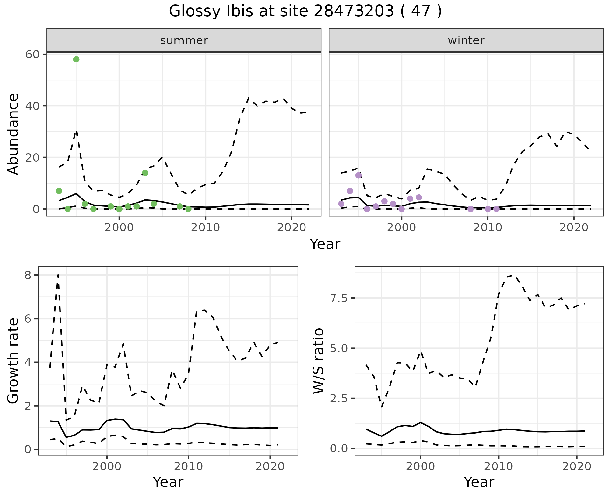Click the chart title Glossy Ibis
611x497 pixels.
coord(305,11)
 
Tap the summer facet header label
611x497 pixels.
coord(184,40)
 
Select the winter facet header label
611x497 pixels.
coord(466,40)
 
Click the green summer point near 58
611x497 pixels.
coord(76,59)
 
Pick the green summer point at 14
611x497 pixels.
coord(145,173)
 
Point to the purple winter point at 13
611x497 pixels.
coord(358,175)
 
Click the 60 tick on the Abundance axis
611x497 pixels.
coord(32,54)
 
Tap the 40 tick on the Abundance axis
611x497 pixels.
coord(32,106)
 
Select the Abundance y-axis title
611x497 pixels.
coord(13,134)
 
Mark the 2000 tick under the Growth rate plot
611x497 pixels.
coord(107,466)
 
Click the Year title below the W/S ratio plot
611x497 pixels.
coord(479,482)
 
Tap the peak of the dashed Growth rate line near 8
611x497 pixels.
coord(58,275)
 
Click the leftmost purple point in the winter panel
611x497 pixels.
coord(341,204)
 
